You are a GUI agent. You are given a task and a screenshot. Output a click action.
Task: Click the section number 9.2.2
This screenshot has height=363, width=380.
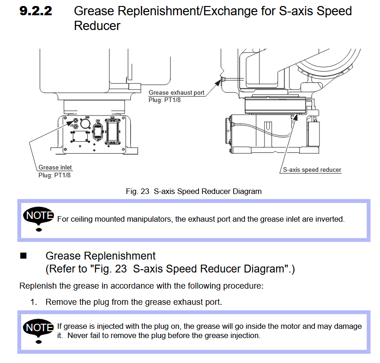[x=36, y=11]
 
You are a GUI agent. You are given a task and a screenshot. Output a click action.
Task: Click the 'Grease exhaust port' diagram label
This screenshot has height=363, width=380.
[x=176, y=92]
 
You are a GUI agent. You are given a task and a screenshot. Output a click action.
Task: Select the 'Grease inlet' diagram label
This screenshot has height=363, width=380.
[x=55, y=167]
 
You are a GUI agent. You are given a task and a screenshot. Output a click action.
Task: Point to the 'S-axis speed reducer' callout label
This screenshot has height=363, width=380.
[x=312, y=169]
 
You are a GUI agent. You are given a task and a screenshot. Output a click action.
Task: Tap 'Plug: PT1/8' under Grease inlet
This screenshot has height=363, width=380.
[x=54, y=175]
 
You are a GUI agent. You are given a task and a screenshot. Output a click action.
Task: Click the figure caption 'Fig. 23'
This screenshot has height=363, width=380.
[x=137, y=191]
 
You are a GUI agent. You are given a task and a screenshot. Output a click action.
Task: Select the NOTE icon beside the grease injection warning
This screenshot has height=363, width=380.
[x=39, y=329]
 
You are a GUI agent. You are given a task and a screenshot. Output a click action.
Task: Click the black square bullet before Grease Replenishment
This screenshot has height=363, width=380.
[x=24, y=255]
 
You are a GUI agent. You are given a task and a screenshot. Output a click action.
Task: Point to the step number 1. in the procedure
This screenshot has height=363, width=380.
[x=34, y=302]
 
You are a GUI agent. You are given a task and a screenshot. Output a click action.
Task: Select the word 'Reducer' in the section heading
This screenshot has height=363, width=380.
[x=97, y=26]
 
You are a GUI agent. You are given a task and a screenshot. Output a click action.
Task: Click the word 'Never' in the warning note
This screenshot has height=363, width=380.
[x=77, y=335]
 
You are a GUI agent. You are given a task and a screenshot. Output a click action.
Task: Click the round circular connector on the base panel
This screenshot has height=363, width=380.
[x=85, y=124]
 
